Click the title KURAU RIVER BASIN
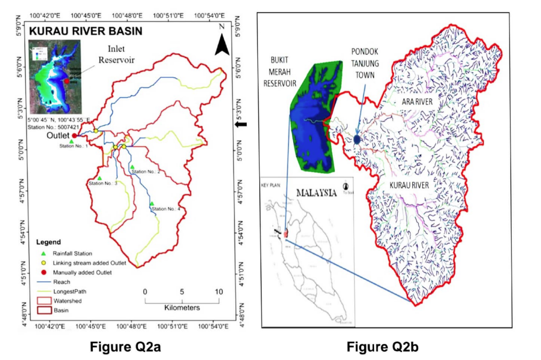[x=85, y=31]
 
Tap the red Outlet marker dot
[x=75, y=136]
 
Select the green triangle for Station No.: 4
[x=152, y=204]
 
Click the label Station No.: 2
[x=146, y=172]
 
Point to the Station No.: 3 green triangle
[x=100, y=178]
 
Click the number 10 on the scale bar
[x=219, y=292]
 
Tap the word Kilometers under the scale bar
[x=182, y=308]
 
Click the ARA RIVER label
[x=417, y=102]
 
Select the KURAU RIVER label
[x=410, y=186]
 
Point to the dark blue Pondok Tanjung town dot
[x=357, y=139]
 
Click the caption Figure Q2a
[x=125, y=347]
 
